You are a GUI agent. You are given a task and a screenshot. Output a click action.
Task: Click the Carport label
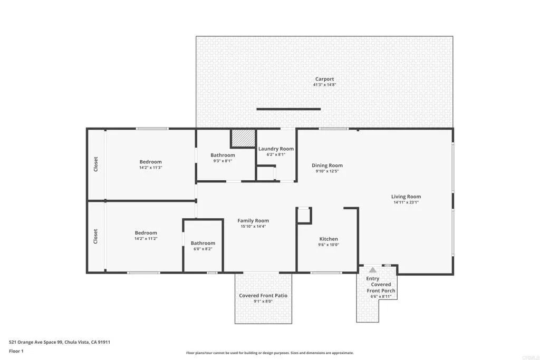click(324, 79)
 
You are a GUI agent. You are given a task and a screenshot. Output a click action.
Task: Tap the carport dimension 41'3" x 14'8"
click(324, 85)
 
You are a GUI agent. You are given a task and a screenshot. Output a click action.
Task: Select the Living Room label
click(406, 197)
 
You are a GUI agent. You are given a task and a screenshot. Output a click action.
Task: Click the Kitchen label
click(329, 239)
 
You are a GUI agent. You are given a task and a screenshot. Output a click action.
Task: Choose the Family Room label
click(253, 221)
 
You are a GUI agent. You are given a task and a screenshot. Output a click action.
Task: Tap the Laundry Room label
click(276, 149)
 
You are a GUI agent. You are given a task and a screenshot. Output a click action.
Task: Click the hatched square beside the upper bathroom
click(243, 139)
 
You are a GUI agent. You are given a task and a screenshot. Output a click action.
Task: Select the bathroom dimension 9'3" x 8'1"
click(223, 161)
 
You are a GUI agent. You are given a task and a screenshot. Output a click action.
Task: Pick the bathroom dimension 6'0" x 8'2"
click(203, 249)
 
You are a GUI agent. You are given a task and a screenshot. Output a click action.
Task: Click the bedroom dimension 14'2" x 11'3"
click(150, 168)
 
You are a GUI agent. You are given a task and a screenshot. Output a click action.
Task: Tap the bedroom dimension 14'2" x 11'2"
click(146, 239)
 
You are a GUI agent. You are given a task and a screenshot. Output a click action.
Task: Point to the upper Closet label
click(96, 164)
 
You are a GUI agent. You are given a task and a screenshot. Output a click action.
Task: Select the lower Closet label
click(96, 236)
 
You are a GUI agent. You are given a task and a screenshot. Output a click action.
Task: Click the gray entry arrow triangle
click(373, 269)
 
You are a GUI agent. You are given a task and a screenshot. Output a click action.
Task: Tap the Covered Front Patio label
click(263, 296)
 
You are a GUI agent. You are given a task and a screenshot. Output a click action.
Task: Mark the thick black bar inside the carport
click(288, 109)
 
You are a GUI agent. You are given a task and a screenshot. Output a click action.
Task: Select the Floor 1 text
click(16, 351)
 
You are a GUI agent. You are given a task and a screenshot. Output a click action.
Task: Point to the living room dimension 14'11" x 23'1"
click(406, 202)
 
